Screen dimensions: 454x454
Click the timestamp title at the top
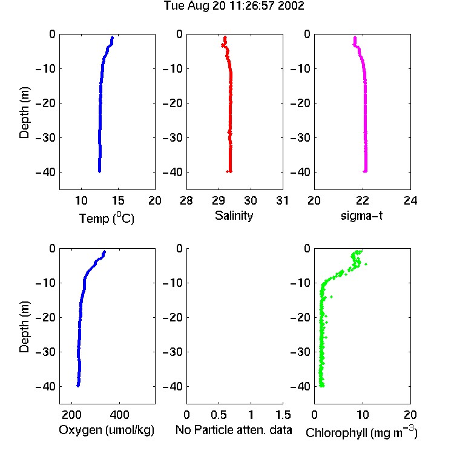(x=234, y=6)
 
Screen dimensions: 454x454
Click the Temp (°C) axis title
(x=107, y=218)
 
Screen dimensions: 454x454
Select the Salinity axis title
(x=234, y=215)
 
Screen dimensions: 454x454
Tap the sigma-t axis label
(x=361, y=215)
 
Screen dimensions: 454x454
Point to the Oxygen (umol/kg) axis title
(x=107, y=430)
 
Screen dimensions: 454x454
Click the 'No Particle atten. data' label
(x=234, y=430)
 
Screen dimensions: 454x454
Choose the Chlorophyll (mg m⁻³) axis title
(x=361, y=432)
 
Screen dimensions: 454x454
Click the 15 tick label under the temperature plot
(x=118, y=200)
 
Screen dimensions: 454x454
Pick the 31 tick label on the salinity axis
(x=282, y=200)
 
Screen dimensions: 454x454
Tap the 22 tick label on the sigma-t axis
(x=362, y=200)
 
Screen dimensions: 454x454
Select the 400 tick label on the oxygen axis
(x=119, y=415)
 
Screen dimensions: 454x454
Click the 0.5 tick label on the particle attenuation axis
(x=219, y=415)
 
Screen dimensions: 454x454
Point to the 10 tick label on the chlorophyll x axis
(x=362, y=415)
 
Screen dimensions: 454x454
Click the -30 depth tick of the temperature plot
(x=45, y=137)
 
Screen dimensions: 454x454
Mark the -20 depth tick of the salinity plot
(x=173, y=103)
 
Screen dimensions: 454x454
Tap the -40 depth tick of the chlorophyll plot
(x=300, y=386)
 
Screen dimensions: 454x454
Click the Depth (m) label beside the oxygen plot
(x=24, y=327)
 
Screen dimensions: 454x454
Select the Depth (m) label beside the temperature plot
(x=24, y=113)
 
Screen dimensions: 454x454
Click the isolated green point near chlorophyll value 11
(x=366, y=264)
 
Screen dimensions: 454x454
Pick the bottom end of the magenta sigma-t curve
(x=366, y=171)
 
